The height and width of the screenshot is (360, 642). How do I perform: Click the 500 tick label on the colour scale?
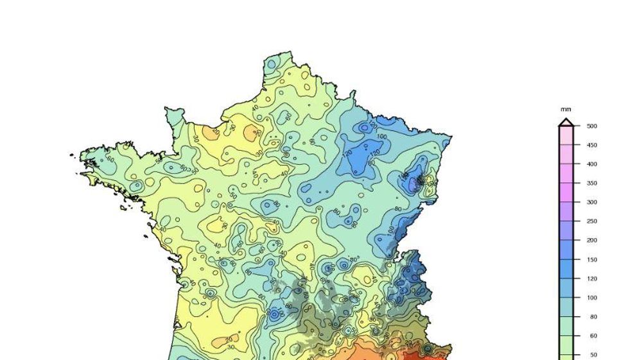click(x=591, y=126)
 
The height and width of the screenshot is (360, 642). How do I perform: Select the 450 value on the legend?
click(x=591, y=145)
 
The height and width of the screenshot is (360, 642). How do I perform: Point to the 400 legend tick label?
click(x=591, y=164)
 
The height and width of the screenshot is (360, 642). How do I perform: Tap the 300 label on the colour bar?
click(x=591, y=202)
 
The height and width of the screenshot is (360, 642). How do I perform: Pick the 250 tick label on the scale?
click(x=591, y=221)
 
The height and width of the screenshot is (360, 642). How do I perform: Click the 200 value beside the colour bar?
click(x=591, y=241)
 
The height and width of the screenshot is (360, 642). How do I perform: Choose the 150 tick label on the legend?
click(x=591, y=260)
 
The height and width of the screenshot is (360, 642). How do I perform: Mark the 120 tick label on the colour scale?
click(x=591, y=279)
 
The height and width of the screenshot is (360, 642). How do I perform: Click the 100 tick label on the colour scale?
click(x=591, y=298)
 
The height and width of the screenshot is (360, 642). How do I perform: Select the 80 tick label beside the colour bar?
click(x=593, y=317)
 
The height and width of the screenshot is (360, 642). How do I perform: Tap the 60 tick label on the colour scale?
click(x=593, y=336)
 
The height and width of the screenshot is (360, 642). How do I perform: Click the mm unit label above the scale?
click(x=566, y=110)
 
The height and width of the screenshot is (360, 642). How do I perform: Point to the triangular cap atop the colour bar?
click(x=566, y=122)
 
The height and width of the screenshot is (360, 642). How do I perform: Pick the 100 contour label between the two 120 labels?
click(x=381, y=137)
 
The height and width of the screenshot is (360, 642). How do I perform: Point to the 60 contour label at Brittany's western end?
click(x=110, y=159)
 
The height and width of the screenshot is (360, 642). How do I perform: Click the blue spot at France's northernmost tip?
click(x=272, y=64)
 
